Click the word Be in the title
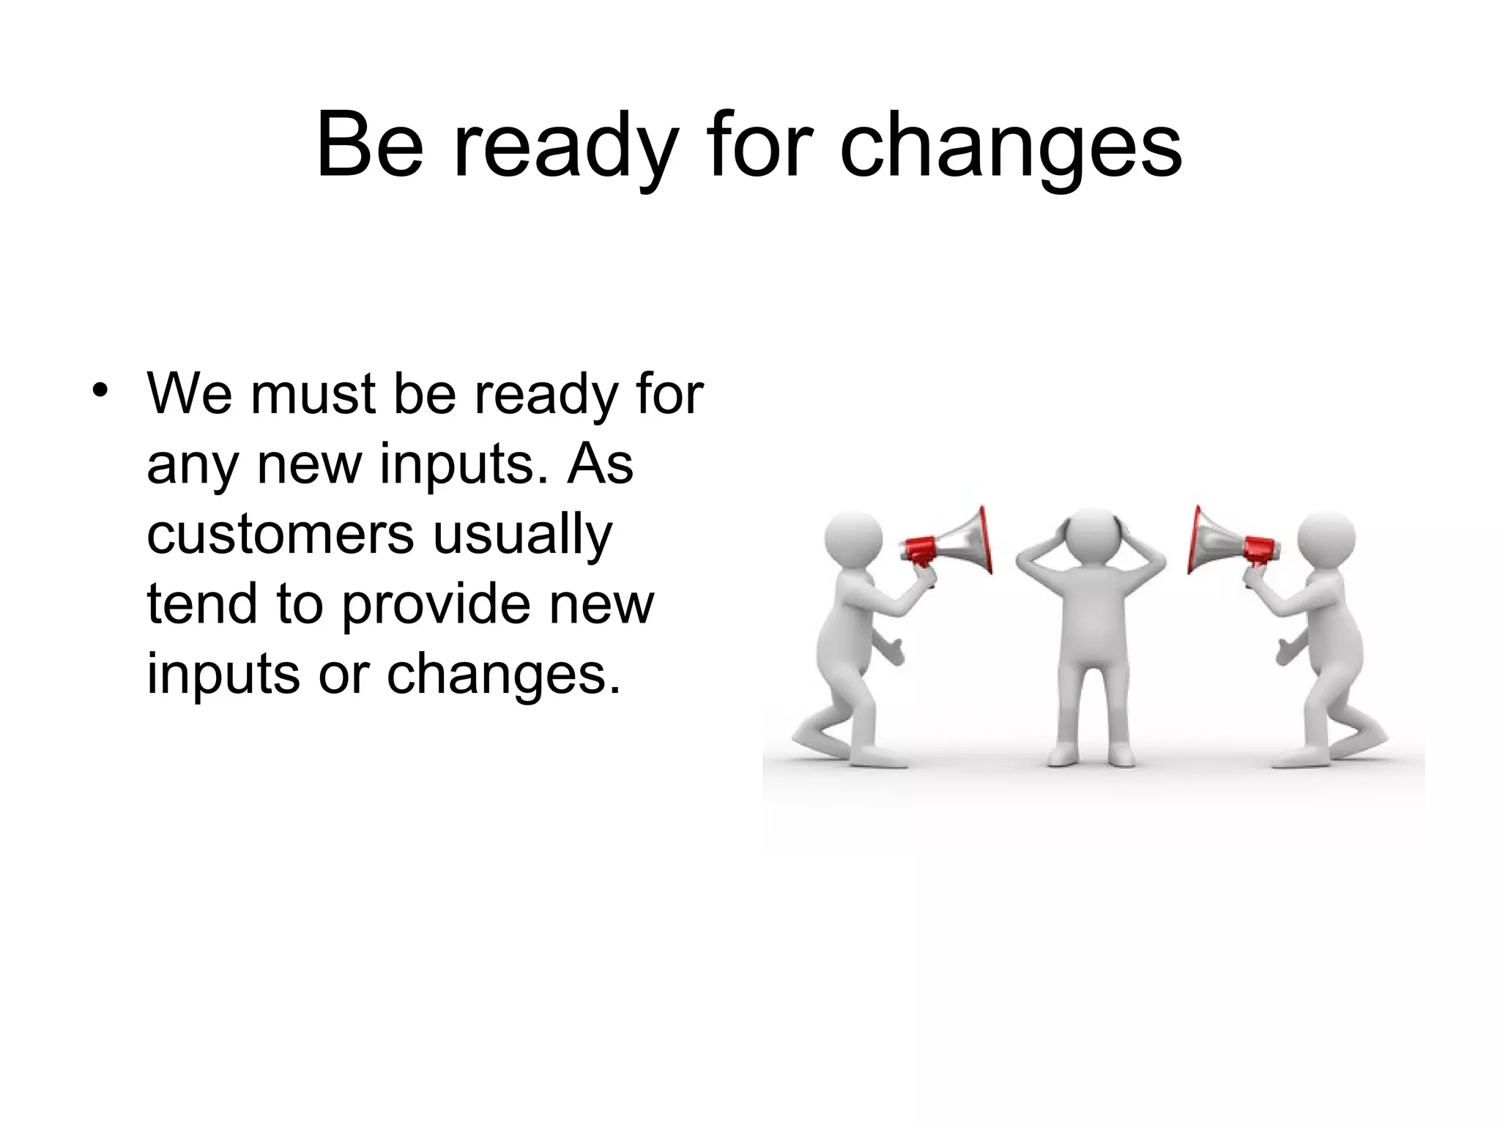click(x=369, y=146)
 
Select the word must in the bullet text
click(x=314, y=394)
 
